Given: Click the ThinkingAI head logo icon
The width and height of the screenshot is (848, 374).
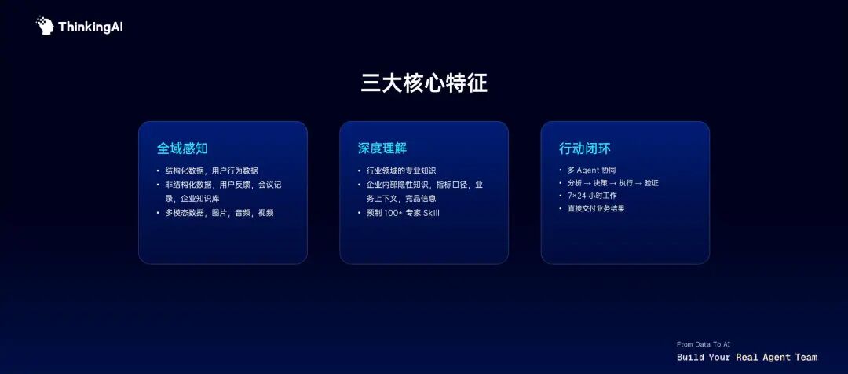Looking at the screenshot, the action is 45,25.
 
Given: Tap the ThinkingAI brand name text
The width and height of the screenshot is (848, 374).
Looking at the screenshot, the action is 90,27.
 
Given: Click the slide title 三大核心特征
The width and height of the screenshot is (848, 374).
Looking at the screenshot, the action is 424,83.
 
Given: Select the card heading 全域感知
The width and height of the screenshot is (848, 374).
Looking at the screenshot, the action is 182,148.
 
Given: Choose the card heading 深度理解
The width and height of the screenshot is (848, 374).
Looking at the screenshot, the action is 382,148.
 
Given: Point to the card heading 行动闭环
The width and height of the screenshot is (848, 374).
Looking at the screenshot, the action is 585,148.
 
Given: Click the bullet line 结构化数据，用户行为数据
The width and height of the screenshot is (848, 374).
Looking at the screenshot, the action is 211,170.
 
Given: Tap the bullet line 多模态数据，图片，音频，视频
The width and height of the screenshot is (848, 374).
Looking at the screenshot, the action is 219,213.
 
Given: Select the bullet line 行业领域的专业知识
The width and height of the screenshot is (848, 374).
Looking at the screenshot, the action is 401,170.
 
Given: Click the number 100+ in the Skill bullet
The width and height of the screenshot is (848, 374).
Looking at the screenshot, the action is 393,213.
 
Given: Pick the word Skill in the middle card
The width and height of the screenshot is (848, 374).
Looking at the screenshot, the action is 431,213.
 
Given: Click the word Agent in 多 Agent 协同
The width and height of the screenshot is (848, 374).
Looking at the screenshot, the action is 588,170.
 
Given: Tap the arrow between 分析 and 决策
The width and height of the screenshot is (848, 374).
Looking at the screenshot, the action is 587,183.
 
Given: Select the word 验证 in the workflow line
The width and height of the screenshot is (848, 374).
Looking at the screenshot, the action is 652,183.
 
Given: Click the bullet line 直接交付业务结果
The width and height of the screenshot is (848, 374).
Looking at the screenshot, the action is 596,208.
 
